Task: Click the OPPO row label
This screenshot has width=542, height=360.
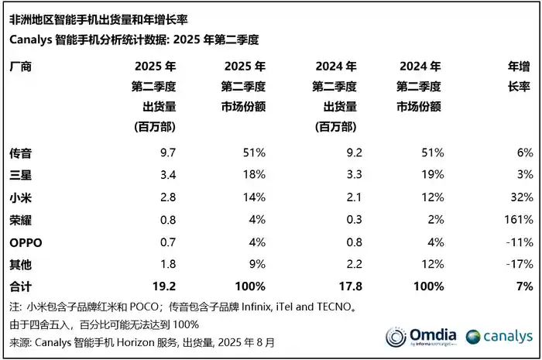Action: pos(25,242)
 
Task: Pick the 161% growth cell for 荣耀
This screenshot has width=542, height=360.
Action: pos(517,220)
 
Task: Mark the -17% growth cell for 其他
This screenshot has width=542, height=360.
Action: pos(518,263)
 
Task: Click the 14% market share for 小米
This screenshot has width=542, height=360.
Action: pos(253,197)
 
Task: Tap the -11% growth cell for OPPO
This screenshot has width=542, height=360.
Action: pos(518,242)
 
